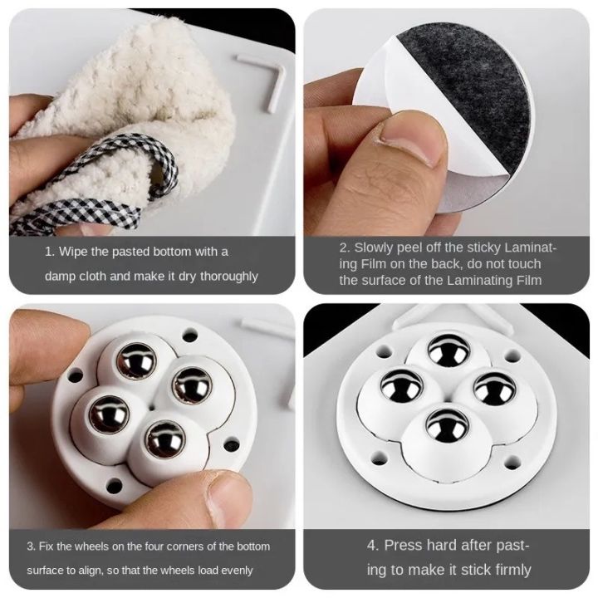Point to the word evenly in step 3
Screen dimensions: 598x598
(237, 571)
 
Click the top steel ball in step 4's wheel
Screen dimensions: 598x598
(448, 350)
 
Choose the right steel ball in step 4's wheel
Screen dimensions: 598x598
(496, 389)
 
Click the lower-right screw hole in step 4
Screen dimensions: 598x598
(512, 461)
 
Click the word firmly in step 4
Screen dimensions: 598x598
(508, 570)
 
